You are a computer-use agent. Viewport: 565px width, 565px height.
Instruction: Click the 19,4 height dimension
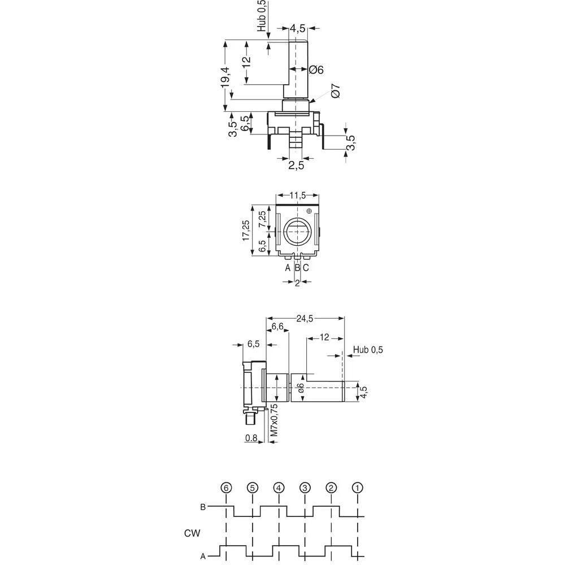tap(225, 76)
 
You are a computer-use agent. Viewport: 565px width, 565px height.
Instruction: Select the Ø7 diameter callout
tap(334, 92)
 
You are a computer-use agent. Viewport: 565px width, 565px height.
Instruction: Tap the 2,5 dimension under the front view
tap(296, 166)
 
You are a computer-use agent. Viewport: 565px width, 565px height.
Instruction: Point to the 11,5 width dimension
tap(297, 195)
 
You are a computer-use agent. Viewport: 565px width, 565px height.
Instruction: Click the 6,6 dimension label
tap(277, 327)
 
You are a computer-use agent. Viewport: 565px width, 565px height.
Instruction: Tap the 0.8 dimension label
tap(251, 437)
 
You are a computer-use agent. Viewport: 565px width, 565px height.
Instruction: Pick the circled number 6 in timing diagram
tap(226, 488)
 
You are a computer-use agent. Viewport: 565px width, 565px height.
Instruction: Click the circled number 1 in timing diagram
tap(357, 488)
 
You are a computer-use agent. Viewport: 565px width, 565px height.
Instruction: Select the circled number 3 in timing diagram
tap(305, 488)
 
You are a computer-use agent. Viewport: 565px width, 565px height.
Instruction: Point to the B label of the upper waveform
tap(203, 507)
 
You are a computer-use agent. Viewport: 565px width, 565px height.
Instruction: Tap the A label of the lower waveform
tap(203, 556)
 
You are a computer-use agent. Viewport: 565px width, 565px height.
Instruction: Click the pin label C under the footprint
tap(306, 268)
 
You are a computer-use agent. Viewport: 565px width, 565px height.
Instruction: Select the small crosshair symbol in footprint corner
tap(308, 211)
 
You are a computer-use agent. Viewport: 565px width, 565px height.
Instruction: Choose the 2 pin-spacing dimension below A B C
tap(297, 283)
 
